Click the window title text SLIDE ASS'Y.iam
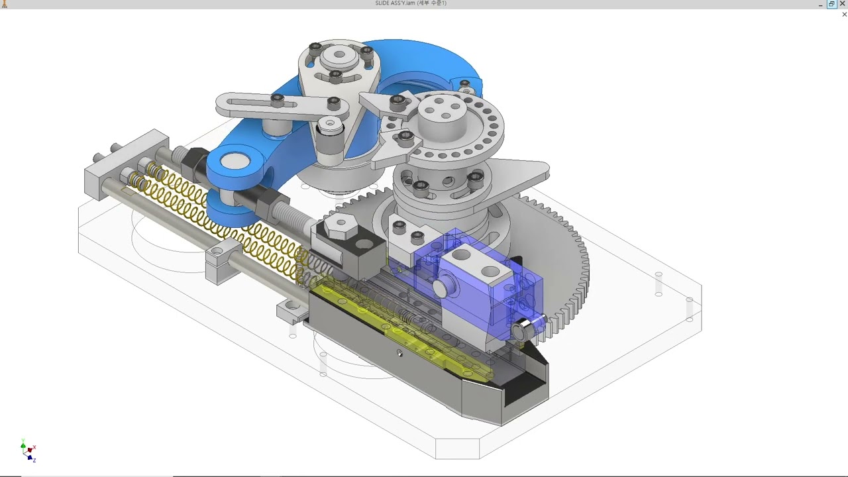(395, 3)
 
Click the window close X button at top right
(843, 4)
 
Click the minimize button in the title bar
(820, 5)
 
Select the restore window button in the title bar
(831, 4)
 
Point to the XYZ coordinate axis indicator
(28, 451)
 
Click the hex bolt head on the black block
(341, 226)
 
